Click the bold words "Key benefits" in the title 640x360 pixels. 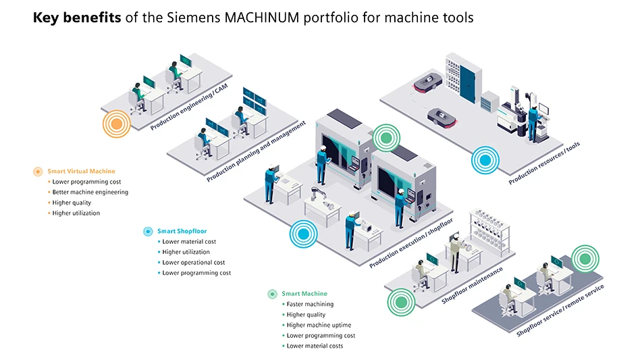click(77, 18)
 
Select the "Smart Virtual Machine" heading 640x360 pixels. click(81, 172)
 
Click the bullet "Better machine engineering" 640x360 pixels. click(90, 192)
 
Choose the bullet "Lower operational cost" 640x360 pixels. click(193, 263)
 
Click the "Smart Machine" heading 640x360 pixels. click(304, 294)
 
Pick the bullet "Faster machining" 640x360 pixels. click(310, 305)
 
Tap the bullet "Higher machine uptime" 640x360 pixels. click(319, 326)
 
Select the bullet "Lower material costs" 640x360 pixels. click(315, 346)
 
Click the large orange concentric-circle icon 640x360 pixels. click(116, 124)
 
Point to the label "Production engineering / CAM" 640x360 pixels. click(191, 104)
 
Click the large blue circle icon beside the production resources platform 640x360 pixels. click(485, 160)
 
